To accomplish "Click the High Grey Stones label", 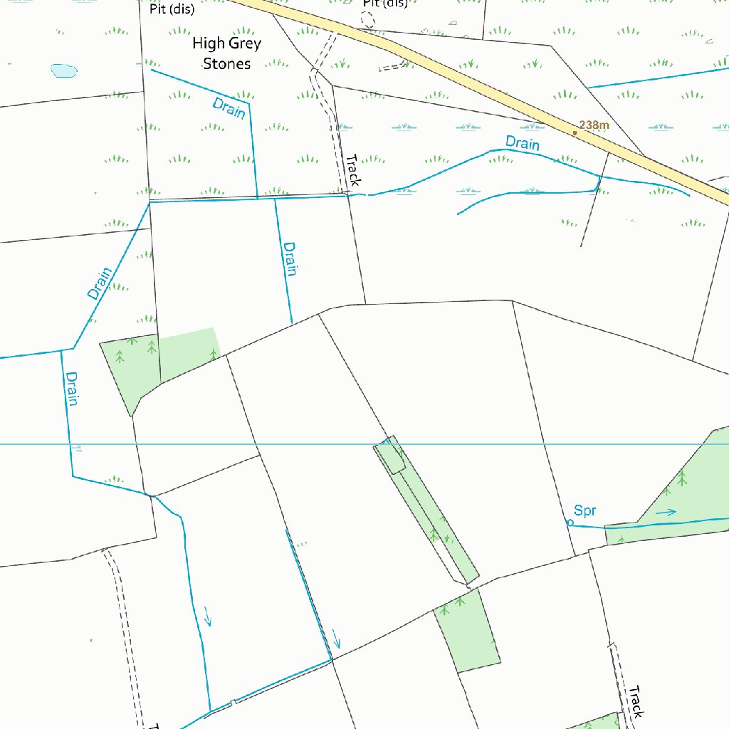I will tap(227, 53).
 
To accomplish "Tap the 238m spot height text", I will tap(594, 125).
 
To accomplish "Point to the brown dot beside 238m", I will tap(575, 132).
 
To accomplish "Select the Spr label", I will tap(585, 510).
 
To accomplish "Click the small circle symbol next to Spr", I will tap(570, 523).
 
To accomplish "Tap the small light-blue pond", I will tap(64, 70).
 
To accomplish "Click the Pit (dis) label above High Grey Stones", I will tap(172, 9).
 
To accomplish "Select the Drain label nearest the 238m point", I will tap(523, 143).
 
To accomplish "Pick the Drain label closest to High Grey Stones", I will tap(229, 108).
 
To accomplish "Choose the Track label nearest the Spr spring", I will tap(635, 701).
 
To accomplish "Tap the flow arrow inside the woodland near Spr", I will tap(666, 512).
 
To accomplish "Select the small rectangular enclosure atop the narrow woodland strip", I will tap(390, 456).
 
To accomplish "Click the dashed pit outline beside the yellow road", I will tap(367, 19).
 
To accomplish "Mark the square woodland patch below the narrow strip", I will tap(466, 630).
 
